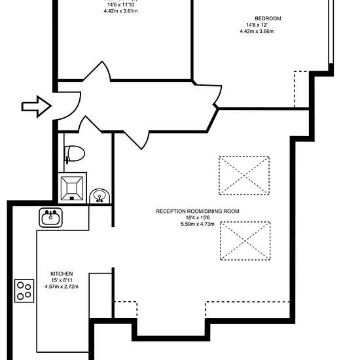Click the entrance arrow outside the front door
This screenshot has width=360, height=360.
[37, 107]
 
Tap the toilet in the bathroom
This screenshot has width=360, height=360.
[75, 154]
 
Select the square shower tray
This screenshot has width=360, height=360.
[72, 188]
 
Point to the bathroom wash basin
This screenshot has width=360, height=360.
[99, 196]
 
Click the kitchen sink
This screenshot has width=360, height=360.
[50, 218]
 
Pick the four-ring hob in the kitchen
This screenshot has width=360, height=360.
[24, 291]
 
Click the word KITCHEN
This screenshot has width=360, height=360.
[62, 274]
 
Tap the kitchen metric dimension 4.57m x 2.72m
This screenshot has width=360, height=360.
[62, 287]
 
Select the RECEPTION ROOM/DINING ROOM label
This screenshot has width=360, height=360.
[198, 211]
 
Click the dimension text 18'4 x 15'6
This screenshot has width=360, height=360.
[198, 218]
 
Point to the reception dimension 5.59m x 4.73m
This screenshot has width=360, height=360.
[198, 224]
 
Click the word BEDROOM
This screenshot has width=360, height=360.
[268, 18]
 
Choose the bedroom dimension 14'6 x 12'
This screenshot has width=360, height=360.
[257, 25]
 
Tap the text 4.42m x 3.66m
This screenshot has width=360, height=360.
[257, 31]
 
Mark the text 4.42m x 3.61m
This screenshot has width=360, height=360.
[121, 11]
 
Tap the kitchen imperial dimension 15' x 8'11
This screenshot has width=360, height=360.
[62, 280]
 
